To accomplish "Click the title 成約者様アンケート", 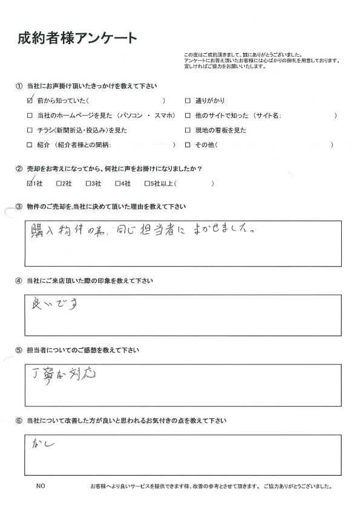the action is (x=77, y=39).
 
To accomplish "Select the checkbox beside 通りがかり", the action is (x=188, y=100).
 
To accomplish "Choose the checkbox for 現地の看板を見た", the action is (x=188, y=130).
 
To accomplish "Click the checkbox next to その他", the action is (x=188, y=145).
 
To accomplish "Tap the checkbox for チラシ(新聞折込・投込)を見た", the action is (x=30, y=130).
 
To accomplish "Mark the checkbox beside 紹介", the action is (x=30, y=145).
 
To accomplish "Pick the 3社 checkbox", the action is (x=88, y=183).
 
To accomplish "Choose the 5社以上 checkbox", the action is (x=146, y=183).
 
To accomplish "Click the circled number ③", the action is (x=20, y=207).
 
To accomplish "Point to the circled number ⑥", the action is (x=20, y=420).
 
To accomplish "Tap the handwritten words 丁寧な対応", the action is (x=65, y=374).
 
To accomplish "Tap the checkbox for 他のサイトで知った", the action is (x=188, y=115).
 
